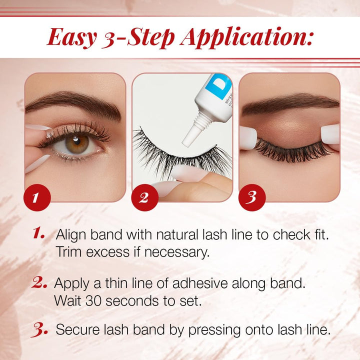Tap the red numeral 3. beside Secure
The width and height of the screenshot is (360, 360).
coord(39,329)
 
